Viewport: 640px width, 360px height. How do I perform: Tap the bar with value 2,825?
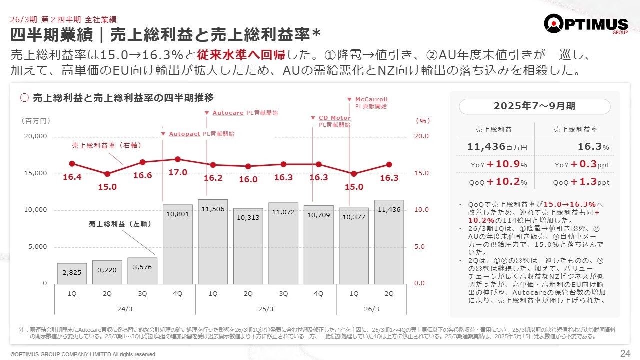coord(72,273)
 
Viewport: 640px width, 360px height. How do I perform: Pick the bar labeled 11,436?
coord(389,242)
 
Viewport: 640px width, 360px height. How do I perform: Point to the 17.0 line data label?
coord(178,173)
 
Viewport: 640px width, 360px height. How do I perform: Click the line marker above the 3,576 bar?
coord(142,162)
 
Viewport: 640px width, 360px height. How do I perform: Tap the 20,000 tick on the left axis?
coord(36,136)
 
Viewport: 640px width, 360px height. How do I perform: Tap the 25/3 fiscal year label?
coord(265,309)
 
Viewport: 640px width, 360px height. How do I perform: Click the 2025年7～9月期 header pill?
coord(534,106)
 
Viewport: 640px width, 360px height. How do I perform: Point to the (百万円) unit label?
coord(35,121)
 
